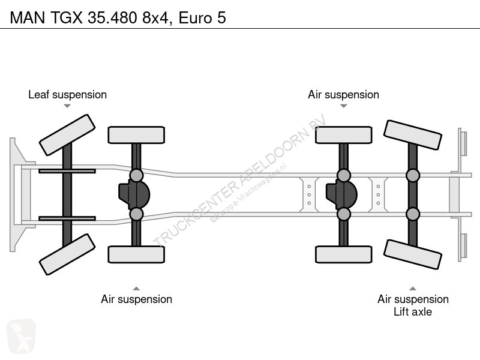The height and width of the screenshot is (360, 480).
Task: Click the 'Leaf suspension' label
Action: pyautogui.click(x=67, y=95)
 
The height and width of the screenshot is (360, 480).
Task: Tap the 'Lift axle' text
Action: pyautogui.click(x=412, y=312)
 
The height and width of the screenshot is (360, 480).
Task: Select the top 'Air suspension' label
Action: pyautogui.click(x=343, y=95)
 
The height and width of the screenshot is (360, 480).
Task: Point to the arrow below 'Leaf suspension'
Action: pyautogui.click(x=67, y=106)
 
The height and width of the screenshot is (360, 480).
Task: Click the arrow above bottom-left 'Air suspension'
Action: pyautogui.click(x=136, y=288)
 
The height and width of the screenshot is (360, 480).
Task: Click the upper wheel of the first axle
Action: pyautogui.click(x=67, y=134)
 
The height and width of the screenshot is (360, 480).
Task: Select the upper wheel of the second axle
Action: pyautogui.click(x=136, y=135)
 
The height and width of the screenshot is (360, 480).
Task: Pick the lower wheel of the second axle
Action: pyautogui.click(x=136, y=254)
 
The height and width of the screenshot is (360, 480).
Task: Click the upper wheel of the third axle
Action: pyautogui.click(x=344, y=135)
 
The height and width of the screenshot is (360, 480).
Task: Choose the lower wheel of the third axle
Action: pyautogui.click(x=344, y=254)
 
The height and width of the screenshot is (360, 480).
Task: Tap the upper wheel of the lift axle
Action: pyautogui.click(x=412, y=135)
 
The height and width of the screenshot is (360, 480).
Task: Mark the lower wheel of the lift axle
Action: pyautogui.click(x=412, y=254)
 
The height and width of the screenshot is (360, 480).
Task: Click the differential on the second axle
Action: pyautogui.click(x=134, y=194)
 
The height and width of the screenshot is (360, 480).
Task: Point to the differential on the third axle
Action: pyautogui.click(x=341, y=194)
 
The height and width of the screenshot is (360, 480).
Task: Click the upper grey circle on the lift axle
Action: pyautogui.click(x=412, y=175)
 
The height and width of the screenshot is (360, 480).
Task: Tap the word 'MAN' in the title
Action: pyautogui.click(x=25, y=18)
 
